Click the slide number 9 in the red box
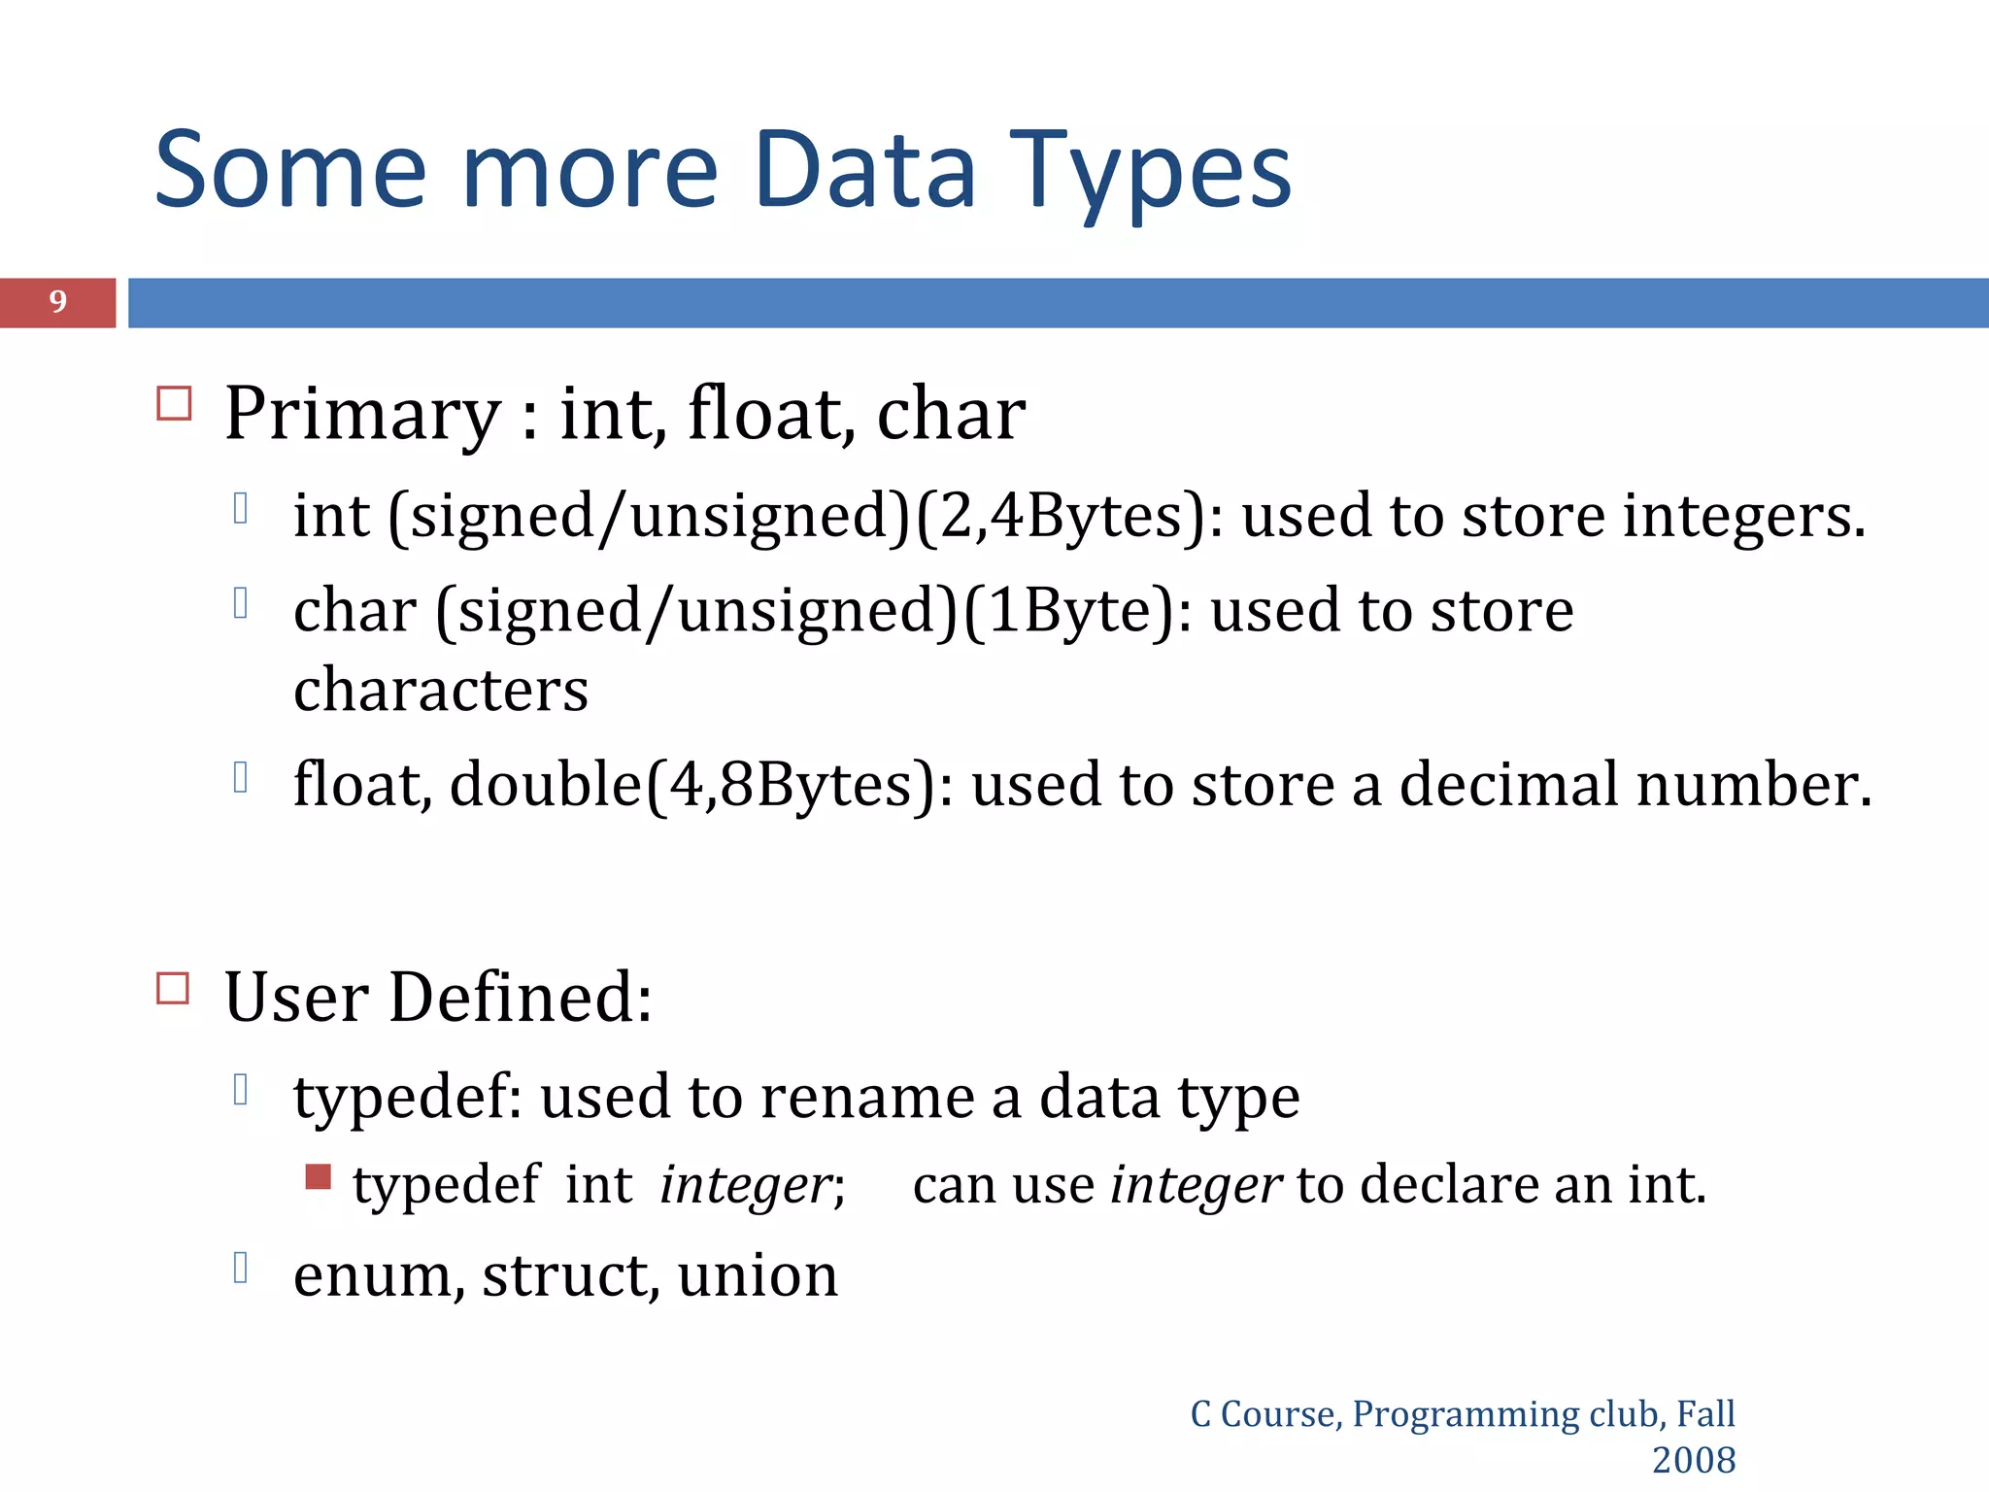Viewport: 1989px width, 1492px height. point(58,302)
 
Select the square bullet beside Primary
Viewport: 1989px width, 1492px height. point(174,403)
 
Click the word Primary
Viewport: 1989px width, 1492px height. point(362,416)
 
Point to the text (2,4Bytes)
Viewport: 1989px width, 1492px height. point(1061,516)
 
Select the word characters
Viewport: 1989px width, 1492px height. point(441,690)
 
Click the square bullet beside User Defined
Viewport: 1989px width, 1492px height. point(173,989)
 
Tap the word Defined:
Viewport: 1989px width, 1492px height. point(520,999)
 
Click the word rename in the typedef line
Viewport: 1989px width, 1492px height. point(867,1098)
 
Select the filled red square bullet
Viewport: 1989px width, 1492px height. point(318,1177)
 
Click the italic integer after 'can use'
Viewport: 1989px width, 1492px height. point(1196,1185)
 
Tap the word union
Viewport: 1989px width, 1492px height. point(758,1275)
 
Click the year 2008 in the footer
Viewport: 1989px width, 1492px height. point(1693,1460)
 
